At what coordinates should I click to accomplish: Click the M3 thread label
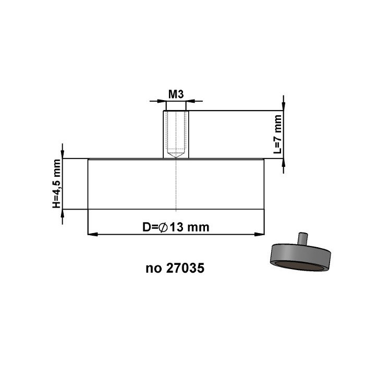pyautogui.click(x=176, y=94)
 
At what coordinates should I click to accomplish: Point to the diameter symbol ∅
pyautogui.click(x=162, y=227)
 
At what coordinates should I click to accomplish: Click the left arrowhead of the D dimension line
pyautogui.click(x=92, y=234)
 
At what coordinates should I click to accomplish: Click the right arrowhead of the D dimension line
pyautogui.click(x=260, y=234)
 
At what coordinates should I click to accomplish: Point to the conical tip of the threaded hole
pyautogui.click(x=176, y=155)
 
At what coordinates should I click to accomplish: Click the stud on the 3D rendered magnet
pyautogui.click(x=301, y=238)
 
